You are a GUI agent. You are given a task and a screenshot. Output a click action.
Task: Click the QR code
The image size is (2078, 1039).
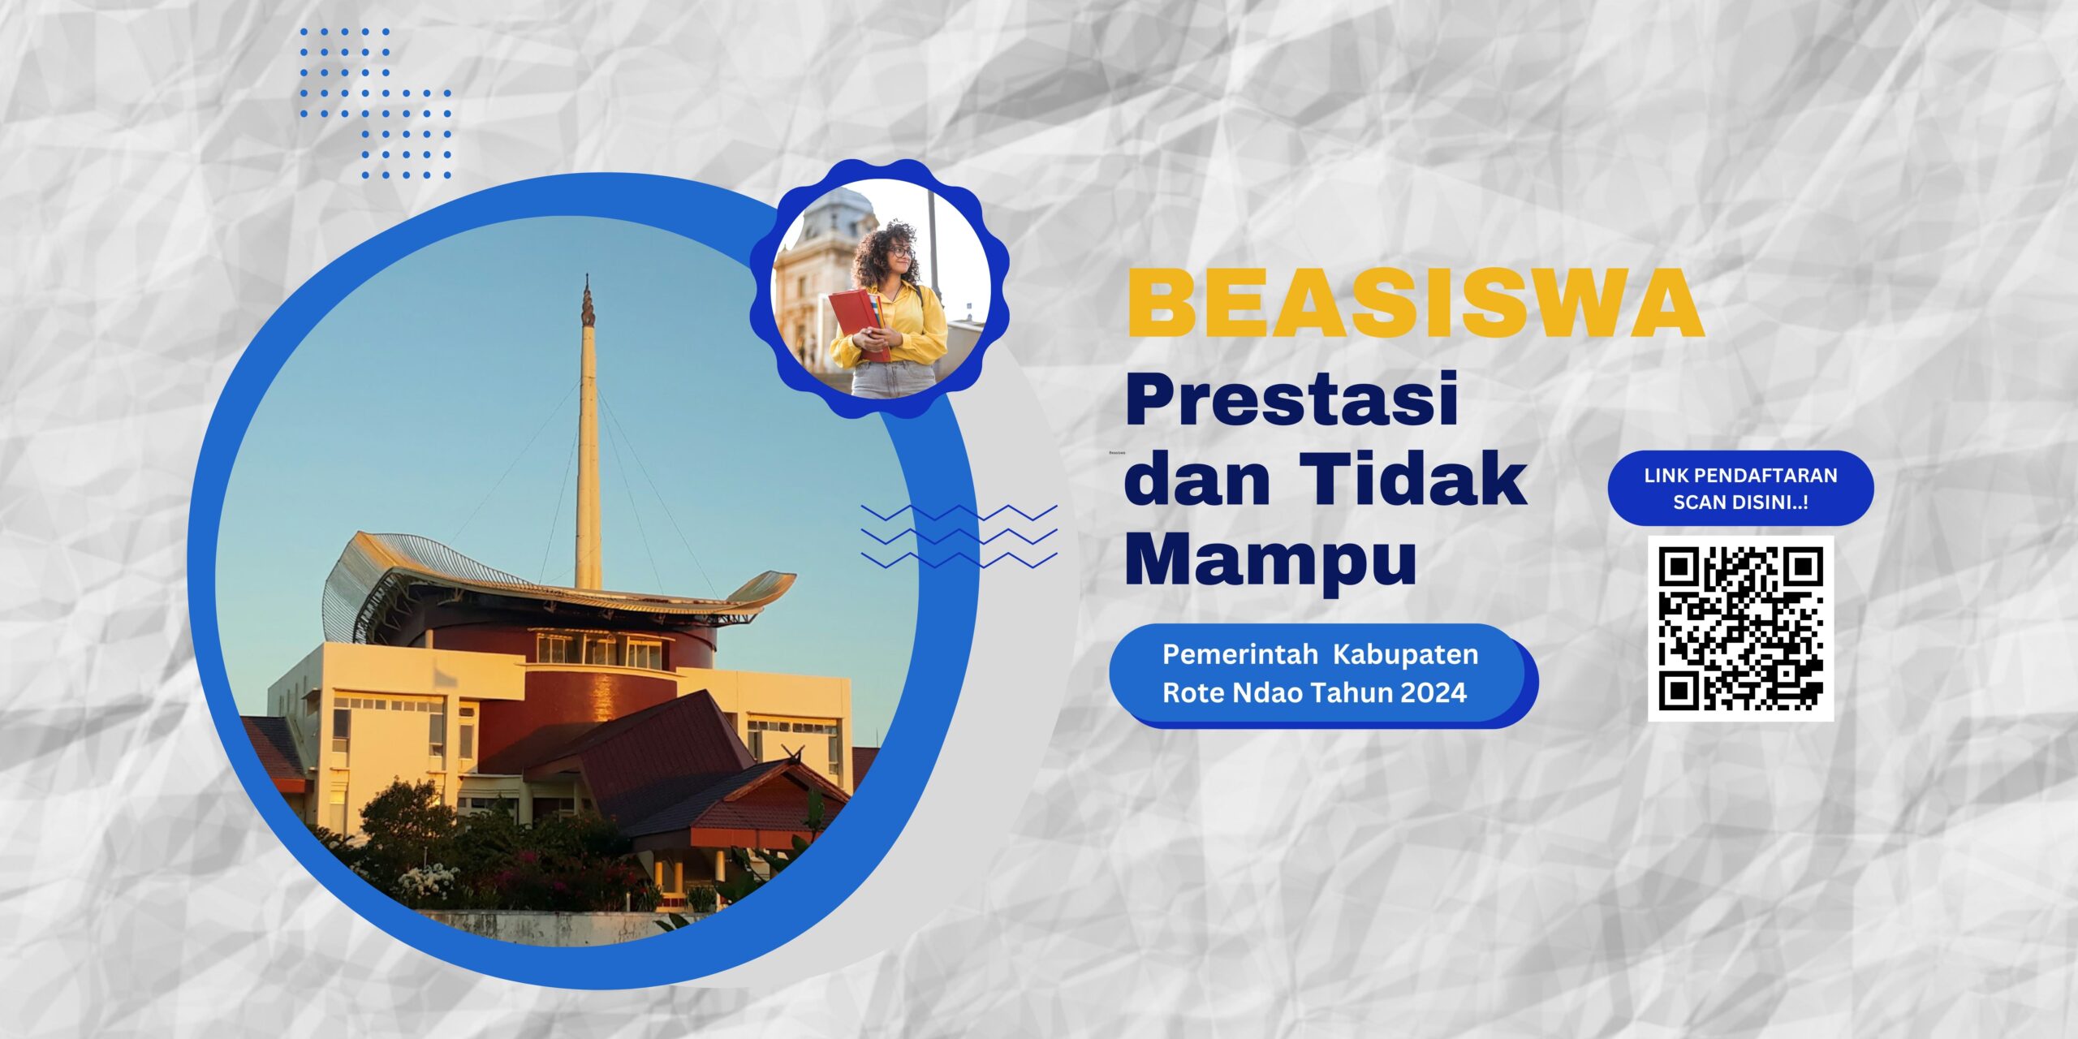(1740, 628)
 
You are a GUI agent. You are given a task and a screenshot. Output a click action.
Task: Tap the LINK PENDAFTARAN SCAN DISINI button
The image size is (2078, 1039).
(1740, 489)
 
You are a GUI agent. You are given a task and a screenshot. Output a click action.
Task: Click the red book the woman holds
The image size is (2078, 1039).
(858, 324)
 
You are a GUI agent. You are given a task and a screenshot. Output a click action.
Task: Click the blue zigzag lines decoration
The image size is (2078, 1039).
(959, 536)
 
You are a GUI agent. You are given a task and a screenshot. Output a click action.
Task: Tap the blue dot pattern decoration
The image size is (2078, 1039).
(375, 103)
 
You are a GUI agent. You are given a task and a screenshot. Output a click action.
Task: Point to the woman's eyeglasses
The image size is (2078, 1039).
(899, 252)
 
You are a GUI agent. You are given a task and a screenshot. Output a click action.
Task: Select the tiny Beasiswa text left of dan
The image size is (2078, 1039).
(1117, 452)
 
